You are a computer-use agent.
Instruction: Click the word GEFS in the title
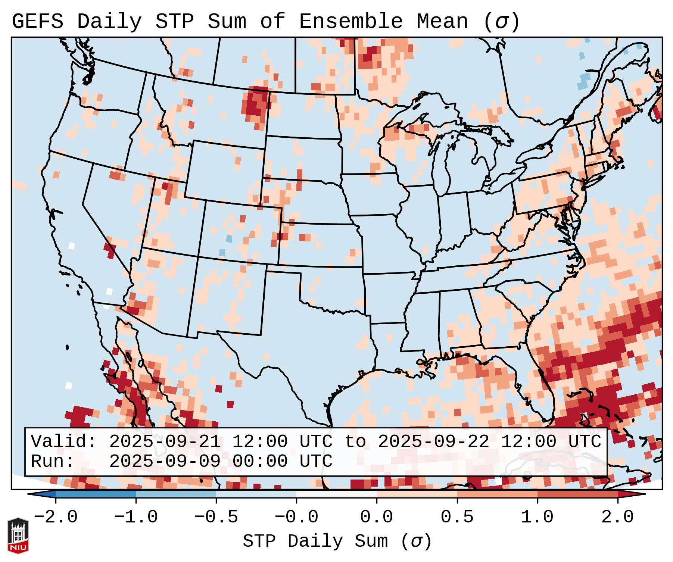tap(37, 22)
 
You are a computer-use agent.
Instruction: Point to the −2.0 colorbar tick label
tap(56, 517)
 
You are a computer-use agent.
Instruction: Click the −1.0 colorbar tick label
tap(136, 517)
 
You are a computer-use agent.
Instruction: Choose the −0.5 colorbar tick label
tap(216, 517)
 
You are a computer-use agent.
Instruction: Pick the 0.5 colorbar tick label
tap(457, 517)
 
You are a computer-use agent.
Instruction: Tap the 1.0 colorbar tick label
tap(537, 517)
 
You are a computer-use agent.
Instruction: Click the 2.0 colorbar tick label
tap(617, 517)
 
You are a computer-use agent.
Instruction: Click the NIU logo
tap(18, 536)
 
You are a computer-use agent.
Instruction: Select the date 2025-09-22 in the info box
tap(433, 442)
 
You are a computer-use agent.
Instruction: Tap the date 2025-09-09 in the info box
tap(165, 462)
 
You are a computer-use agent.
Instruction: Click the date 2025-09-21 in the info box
tap(165, 442)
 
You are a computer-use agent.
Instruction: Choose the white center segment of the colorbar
tap(336, 494)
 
